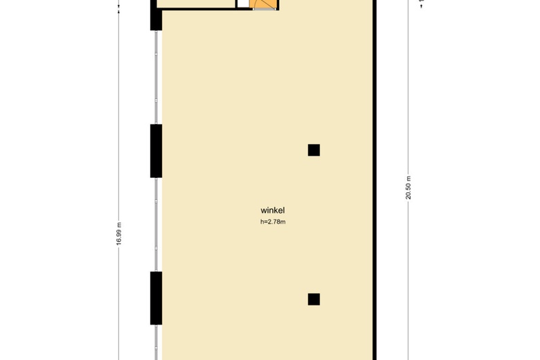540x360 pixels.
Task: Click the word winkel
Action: click(x=272, y=210)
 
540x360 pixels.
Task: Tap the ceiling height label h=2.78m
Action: click(x=273, y=222)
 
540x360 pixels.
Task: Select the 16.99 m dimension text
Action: click(x=119, y=233)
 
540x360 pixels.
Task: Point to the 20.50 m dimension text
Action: click(x=408, y=188)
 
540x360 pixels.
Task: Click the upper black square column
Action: click(x=314, y=150)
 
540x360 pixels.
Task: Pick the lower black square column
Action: click(x=314, y=299)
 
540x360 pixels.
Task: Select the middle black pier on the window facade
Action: click(x=156, y=151)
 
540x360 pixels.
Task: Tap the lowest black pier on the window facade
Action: click(x=156, y=298)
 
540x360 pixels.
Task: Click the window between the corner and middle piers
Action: click(x=156, y=77)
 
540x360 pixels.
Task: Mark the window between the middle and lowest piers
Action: click(x=156, y=224)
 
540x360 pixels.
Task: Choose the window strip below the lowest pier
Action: click(x=156, y=342)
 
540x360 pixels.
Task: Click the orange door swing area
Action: click(x=264, y=4)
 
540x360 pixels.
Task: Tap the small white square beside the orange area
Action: click(x=243, y=3)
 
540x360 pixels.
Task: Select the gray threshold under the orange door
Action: click(x=264, y=9)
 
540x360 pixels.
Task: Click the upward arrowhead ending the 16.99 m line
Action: click(x=119, y=11)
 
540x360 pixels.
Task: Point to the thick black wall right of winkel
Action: click(x=375, y=180)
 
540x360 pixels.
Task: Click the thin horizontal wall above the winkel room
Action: click(x=204, y=8)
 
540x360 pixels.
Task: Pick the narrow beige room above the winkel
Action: click(x=197, y=3)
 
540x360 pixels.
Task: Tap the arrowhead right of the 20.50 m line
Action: click(x=422, y=6)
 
